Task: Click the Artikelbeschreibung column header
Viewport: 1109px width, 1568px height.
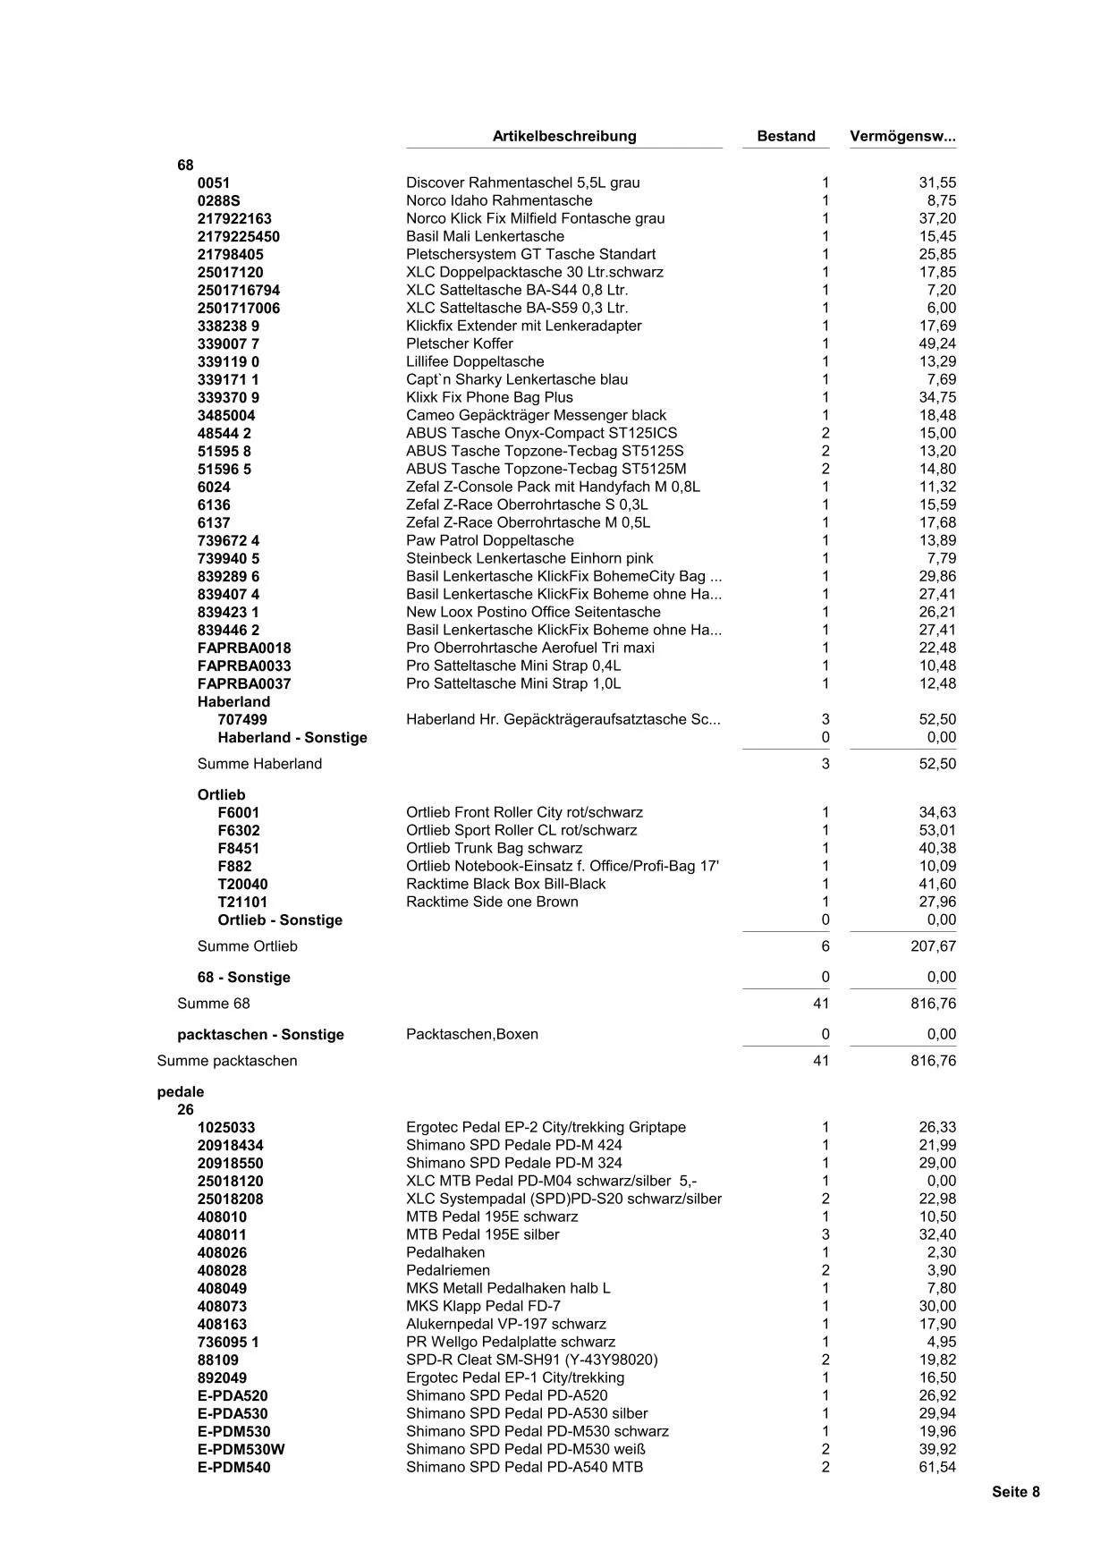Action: coord(564,136)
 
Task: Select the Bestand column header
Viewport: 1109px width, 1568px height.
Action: coord(785,136)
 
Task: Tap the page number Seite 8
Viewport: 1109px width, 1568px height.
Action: coord(1015,1491)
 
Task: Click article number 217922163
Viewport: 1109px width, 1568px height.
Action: coord(234,218)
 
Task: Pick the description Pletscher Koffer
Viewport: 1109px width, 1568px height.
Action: coord(459,343)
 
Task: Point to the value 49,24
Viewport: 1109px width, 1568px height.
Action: coord(937,343)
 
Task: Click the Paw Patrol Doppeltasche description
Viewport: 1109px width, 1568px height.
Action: coord(489,540)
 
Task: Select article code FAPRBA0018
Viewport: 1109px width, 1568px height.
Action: coord(244,648)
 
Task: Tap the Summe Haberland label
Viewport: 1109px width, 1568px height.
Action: coord(259,763)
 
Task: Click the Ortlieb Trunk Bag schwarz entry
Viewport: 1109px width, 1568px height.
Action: coord(494,848)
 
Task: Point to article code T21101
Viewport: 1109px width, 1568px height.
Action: coord(242,902)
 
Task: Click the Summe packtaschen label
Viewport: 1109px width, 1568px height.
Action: coord(227,1060)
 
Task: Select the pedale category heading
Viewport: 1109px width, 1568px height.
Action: coord(181,1091)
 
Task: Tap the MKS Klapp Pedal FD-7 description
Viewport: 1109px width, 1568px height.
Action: coord(483,1306)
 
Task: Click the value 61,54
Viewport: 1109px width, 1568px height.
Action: coord(937,1467)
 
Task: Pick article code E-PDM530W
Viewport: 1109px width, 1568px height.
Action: coord(241,1449)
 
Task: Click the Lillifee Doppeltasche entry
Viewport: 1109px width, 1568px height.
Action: coord(475,361)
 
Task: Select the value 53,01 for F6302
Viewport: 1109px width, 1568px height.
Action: coord(937,830)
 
